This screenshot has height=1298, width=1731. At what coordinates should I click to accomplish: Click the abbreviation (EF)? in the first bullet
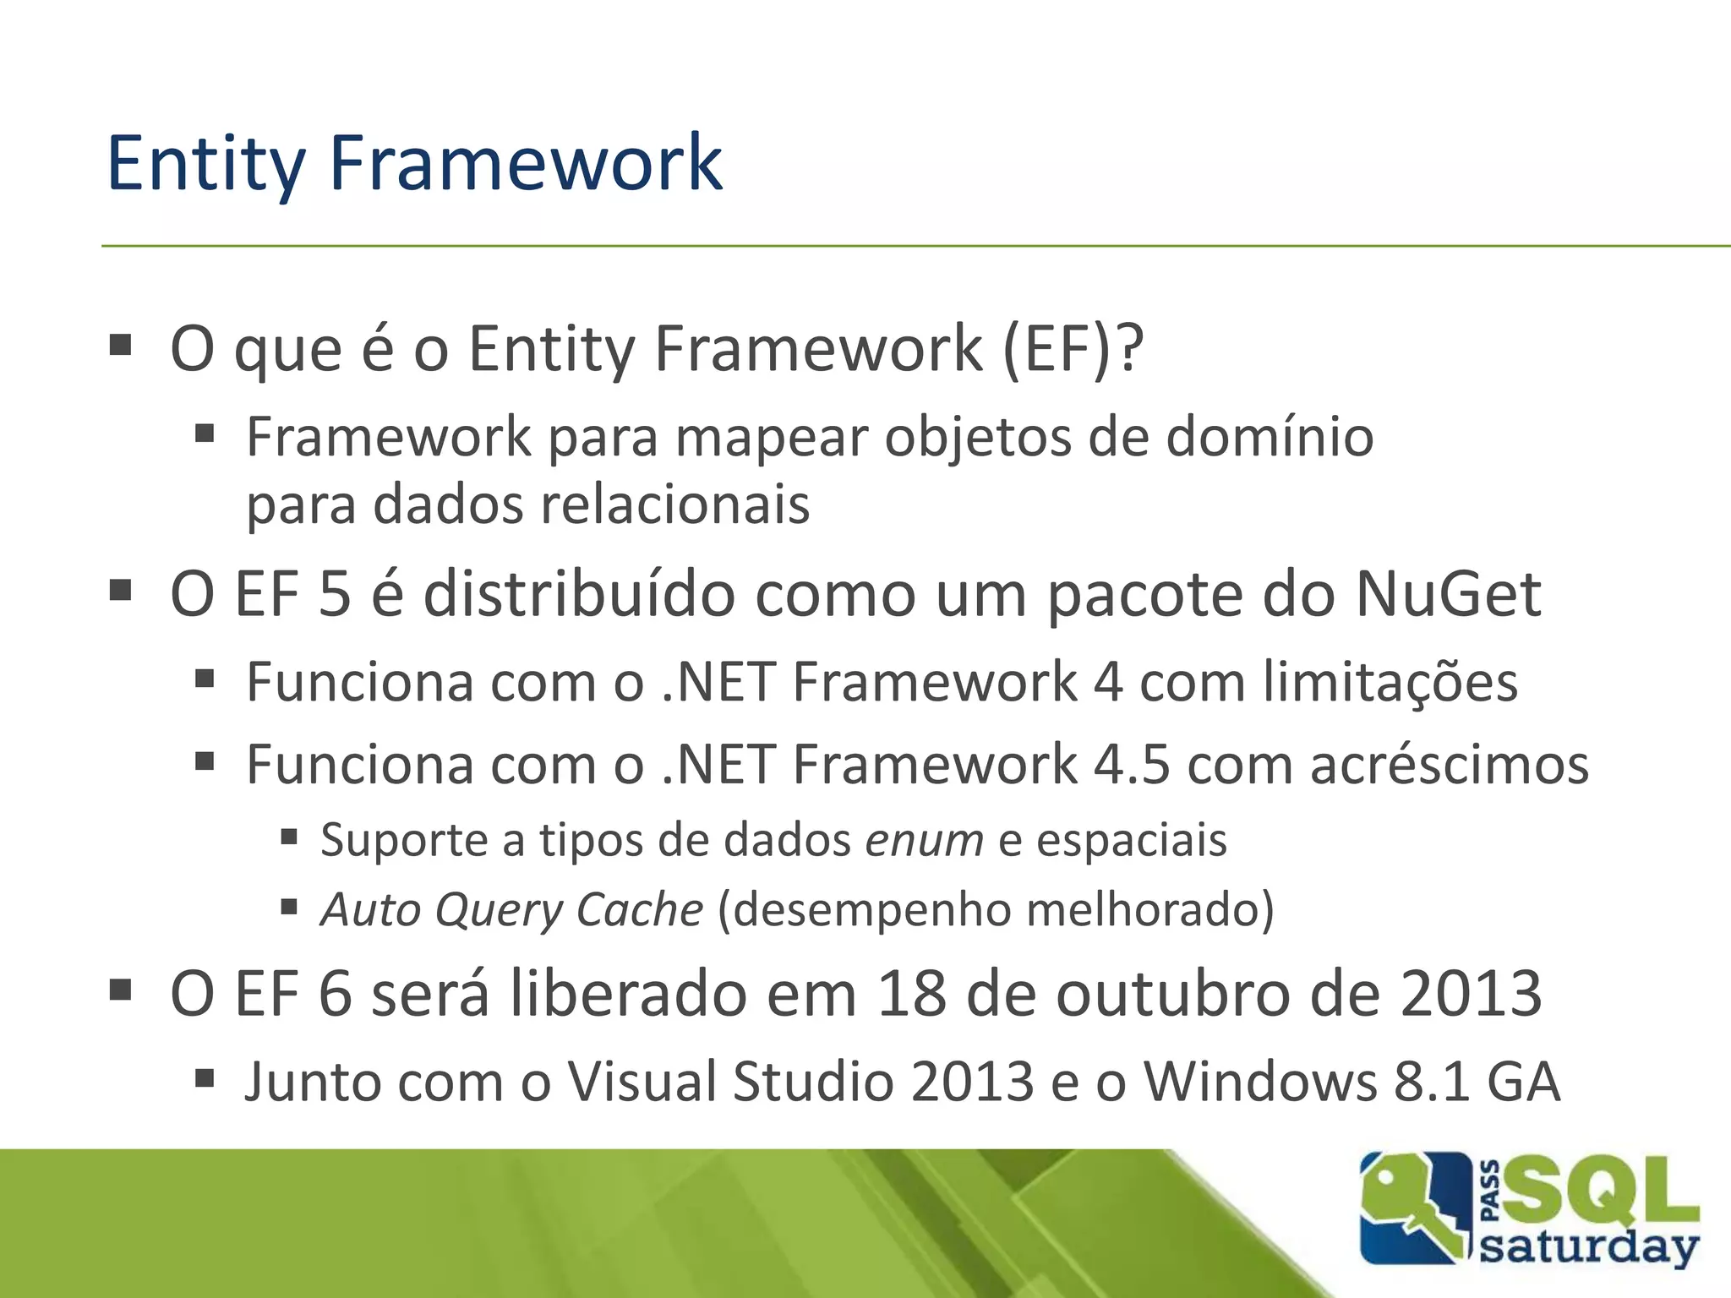tap(1072, 349)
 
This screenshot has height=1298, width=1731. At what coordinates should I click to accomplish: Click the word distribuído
tap(579, 595)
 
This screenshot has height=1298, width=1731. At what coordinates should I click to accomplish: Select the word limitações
tap(1390, 683)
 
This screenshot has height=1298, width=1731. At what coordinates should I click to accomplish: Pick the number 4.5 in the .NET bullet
tap(1132, 766)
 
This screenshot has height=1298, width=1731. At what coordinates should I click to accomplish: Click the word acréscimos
tap(1449, 766)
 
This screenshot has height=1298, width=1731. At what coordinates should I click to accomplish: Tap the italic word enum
tap(924, 841)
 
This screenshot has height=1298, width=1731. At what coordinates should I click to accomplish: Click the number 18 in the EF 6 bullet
tap(911, 994)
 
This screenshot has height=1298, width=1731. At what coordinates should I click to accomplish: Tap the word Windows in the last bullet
tap(1259, 1083)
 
